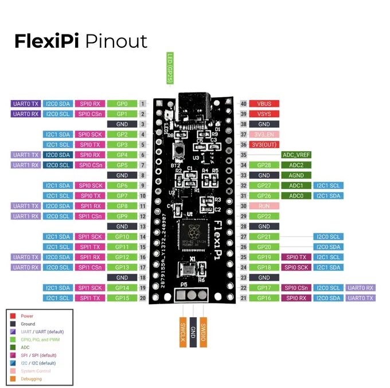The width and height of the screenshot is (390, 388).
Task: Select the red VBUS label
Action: tap(264, 103)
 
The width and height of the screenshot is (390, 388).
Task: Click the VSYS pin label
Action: tap(264, 114)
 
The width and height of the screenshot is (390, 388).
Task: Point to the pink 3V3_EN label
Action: tap(264, 135)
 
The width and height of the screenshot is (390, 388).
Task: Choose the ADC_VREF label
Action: tap(297, 155)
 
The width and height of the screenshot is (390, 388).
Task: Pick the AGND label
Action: tap(297, 175)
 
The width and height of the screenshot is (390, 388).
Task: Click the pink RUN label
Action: tap(264, 206)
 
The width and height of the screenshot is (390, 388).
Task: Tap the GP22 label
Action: tap(264, 216)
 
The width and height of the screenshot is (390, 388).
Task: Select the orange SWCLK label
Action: tap(182, 332)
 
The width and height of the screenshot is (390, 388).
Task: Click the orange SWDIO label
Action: tap(203, 332)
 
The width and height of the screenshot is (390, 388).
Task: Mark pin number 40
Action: tap(244, 103)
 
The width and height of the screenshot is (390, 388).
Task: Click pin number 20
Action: tap(142, 298)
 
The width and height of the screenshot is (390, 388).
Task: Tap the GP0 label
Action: tap(122, 103)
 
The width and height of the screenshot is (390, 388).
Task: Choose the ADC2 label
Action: tap(297, 165)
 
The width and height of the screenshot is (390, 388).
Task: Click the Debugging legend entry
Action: tap(31, 379)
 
